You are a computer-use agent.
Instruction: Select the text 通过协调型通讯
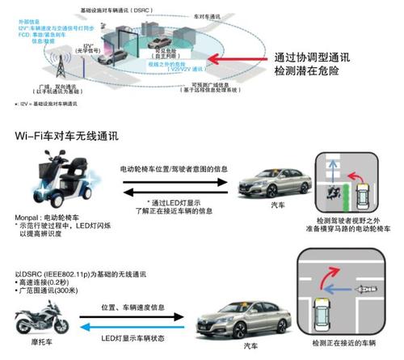point(309,59)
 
